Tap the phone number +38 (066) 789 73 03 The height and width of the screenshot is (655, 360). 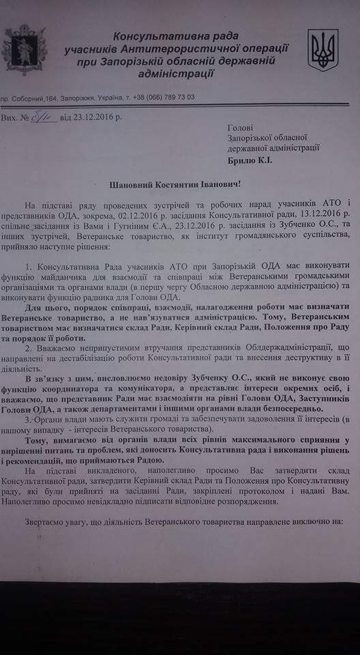point(164,97)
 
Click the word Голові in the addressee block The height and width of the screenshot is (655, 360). point(239,126)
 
